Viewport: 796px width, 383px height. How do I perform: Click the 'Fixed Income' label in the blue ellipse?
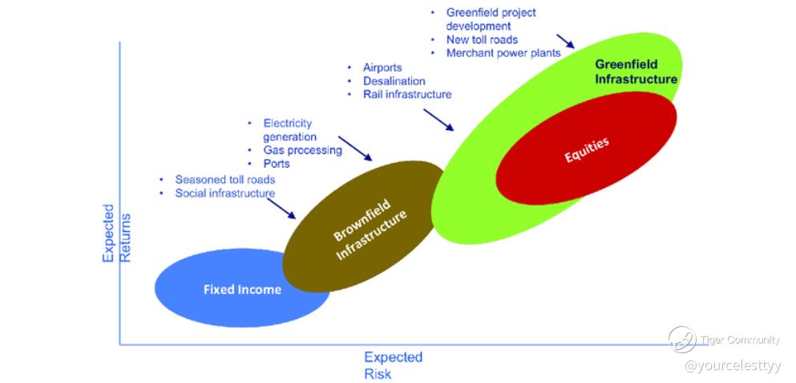[242, 289]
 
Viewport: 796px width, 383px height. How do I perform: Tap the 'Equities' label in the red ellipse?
[586, 150]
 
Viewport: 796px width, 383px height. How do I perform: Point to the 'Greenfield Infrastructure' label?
[636, 71]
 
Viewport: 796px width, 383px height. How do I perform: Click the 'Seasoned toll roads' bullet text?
[225, 180]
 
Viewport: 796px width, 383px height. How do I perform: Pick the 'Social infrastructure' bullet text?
[225, 194]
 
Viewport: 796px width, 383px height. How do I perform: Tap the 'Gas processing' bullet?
[302, 150]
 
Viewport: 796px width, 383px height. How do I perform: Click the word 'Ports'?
[277, 164]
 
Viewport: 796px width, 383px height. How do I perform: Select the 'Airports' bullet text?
[382, 67]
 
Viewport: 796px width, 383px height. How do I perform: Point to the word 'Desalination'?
[394, 81]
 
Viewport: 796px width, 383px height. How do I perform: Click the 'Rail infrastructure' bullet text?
[407, 94]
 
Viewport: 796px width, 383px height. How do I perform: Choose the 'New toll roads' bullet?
[483, 39]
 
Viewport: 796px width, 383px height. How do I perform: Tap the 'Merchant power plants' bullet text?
[503, 52]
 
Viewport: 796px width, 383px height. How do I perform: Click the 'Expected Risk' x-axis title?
[394, 365]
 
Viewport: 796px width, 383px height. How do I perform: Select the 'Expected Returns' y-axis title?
[116, 234]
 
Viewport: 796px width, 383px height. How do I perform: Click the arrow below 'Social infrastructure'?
[281, 209]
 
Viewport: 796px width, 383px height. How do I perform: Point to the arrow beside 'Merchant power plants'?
[565, 41]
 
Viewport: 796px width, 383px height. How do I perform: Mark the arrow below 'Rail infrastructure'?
[438, 120]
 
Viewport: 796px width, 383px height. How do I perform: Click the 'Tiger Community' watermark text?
[740, 340]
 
